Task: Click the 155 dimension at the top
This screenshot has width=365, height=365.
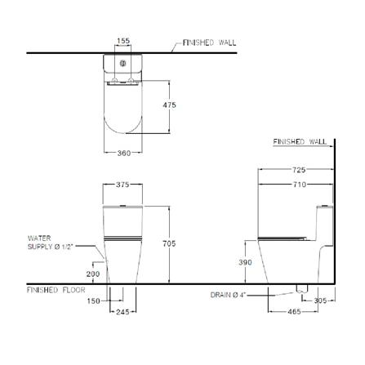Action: pyautogui.click(x=123, y=41)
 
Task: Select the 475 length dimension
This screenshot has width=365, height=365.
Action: pyautogui.click(x=169, y=105)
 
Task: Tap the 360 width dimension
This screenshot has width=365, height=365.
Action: pyautogui.click(x=124, y=153)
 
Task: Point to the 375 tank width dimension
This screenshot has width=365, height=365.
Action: pyautogui.click(x=122, y=185)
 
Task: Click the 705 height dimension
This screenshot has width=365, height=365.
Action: pyautogui.click(x=169, y=243)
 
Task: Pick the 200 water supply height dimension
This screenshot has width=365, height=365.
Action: pyautogui.click(x=93, y=274)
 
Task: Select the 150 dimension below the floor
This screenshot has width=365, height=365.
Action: pyautogui.click(x=93, y=301)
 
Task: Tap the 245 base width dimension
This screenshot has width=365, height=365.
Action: pyautogui.click(x=122, y=312)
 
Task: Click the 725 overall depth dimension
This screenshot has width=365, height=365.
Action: pyautogui.click(x=299, y=170)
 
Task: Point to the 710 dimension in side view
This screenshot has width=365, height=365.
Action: pyautogui.click(x=300, y=185)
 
